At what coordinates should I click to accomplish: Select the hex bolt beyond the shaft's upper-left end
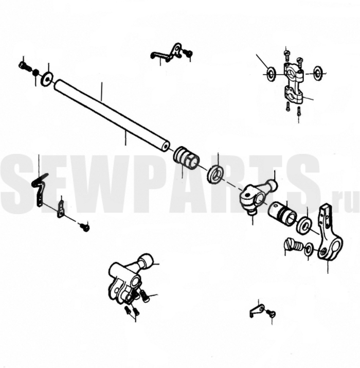coord(24,66)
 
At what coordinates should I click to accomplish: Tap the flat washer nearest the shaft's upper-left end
coord(47,78)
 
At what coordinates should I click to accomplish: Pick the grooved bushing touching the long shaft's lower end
coord(187,157)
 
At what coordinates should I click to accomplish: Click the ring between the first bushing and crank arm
coord(216,174)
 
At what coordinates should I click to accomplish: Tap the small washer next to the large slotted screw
coord(309,251)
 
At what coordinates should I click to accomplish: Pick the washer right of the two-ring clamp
coord(317,72)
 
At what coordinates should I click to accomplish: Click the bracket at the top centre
coord(167,53)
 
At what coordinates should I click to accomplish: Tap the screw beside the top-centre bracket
coord(188,52)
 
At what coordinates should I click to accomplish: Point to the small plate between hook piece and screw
coord(61,209)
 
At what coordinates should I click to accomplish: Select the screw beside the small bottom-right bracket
coord(271,313)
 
